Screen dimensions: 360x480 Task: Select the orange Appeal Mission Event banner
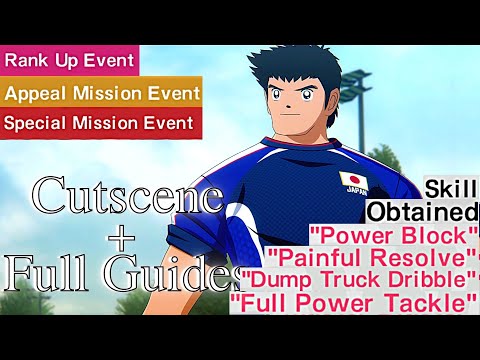pyautogui.click(x=100, y=92)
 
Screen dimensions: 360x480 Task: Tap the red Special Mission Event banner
pyautogui.click(x=100, y=123)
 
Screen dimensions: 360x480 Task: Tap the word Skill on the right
pyautogui.click(x=450, y=188)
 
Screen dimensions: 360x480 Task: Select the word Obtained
pyautogui.click(x=421, y=212)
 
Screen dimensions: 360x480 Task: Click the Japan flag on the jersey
pyautogui.click(x=353, y=181)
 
